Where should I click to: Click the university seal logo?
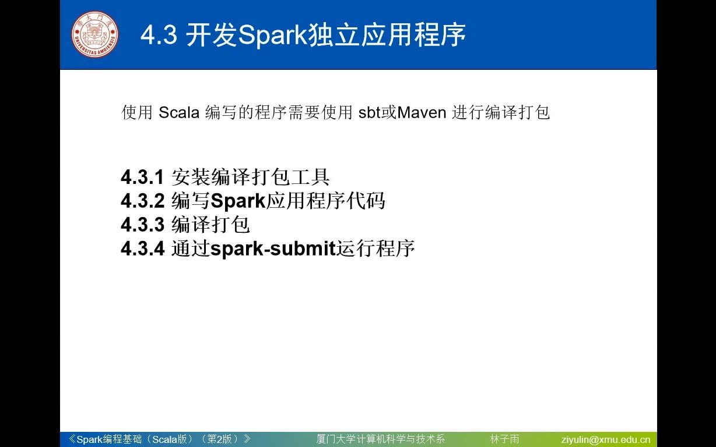click(94, 34)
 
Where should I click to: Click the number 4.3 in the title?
click(159, 36)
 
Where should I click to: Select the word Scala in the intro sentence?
click(179, 112)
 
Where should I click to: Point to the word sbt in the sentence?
click(370, 112)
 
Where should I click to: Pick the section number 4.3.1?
click(143, 177)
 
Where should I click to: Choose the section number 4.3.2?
click(143, 201)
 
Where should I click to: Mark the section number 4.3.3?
click(143, 225)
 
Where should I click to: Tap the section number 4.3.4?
click(143, 249)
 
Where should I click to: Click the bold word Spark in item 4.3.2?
click(238, 201)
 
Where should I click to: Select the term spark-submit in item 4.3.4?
click(273, 249)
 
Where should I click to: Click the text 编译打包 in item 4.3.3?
click(210, 225)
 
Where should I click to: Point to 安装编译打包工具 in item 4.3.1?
click(251, 177)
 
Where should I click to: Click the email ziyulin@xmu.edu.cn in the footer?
click(606, 439)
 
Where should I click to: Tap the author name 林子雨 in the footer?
click(504, 439)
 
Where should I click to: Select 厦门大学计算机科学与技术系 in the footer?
click(380, 439)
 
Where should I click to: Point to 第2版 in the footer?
click(223, 439)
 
